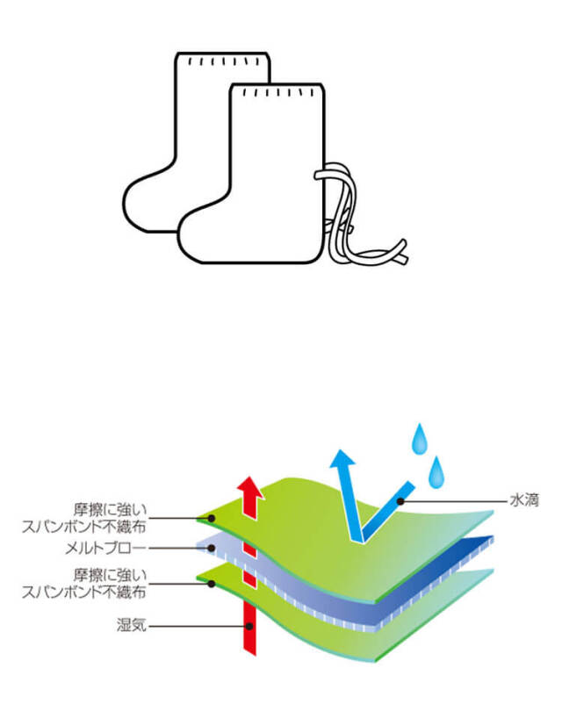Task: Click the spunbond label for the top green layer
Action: [x=97, y=517]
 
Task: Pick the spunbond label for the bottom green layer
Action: [x=97, y=583]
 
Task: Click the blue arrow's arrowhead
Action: [x=340, y=462]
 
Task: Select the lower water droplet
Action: [x=436, y=471]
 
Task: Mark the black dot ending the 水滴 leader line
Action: [x=400, y=501]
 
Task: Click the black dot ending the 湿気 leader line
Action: [x=251, y=626]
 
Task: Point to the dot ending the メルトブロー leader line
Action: [x=211, y=549]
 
